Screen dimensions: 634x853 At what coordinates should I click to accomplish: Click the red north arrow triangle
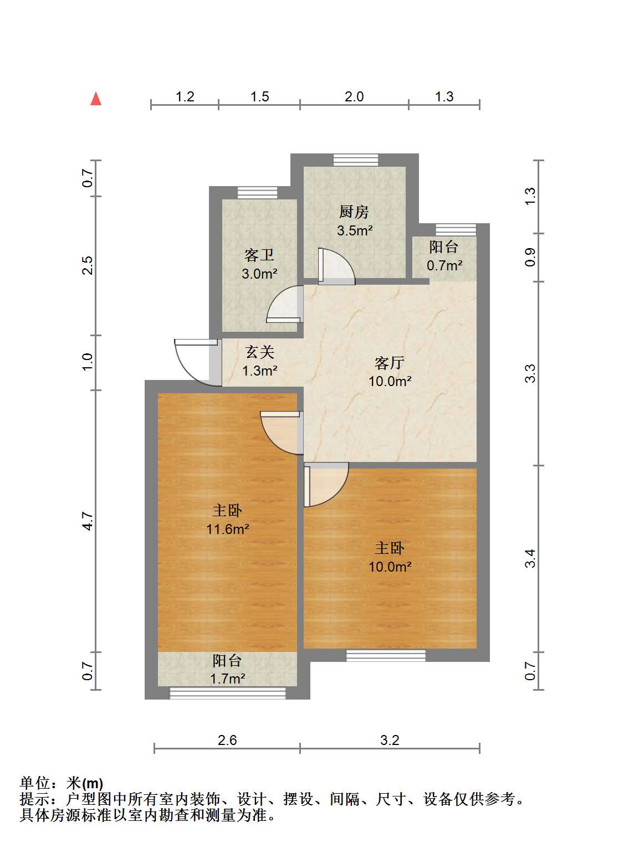point(96,99)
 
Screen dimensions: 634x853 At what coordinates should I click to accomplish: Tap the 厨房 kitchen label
point(354,212)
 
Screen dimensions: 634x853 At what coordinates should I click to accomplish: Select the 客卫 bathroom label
point(259,255)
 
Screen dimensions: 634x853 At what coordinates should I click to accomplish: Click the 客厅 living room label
point(390,363)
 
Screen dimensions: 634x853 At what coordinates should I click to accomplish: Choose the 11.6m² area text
point(228,529)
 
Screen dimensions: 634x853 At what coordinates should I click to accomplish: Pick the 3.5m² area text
point(355,230)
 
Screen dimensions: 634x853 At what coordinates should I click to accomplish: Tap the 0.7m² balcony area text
point(444,265)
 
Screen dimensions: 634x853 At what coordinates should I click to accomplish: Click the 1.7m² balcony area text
point(228,679)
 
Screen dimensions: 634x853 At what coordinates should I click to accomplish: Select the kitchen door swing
point(336,266)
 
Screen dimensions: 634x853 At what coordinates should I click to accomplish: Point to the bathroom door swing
point(285,304)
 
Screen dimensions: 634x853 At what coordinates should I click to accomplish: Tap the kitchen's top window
point(356,160)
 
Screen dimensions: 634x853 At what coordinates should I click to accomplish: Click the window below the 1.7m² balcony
point(228,693)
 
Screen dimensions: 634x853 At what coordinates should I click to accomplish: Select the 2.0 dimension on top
point(354,96)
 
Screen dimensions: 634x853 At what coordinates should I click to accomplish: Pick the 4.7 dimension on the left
point(88,521)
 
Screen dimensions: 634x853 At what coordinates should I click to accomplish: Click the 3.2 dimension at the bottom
point(390,741)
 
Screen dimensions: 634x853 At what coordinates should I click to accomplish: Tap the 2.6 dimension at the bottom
point(227,741)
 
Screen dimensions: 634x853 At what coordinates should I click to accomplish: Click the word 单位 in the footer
point(35,783)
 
